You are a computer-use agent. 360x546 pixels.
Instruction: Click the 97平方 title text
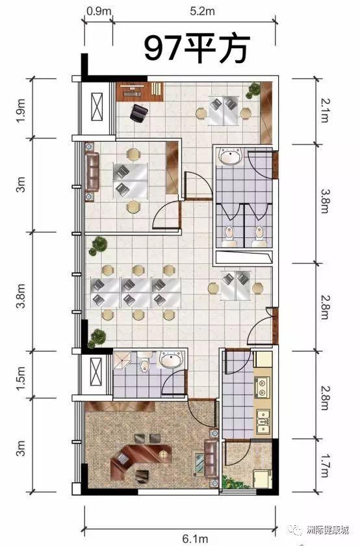198,48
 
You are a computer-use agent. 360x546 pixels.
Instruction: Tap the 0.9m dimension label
99,11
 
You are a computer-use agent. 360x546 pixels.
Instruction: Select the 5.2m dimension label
202,11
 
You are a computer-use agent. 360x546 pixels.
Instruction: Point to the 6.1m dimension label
196,539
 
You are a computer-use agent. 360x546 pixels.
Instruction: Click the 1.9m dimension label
21,110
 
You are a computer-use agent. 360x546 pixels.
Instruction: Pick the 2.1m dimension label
324,110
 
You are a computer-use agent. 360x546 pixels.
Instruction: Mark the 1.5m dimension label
21,378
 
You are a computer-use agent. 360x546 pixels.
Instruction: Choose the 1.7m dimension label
324,465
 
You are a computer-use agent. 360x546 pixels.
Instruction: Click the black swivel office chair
138,113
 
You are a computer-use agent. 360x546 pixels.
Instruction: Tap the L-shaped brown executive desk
140,458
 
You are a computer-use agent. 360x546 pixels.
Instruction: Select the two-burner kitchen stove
261,388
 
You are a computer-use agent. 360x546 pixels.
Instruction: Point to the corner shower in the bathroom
122,359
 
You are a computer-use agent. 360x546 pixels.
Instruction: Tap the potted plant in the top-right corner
253,90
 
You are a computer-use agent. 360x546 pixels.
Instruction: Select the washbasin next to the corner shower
171,359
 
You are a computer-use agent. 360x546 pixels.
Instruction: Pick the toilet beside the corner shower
144,362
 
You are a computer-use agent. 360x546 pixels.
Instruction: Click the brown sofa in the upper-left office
92,172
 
